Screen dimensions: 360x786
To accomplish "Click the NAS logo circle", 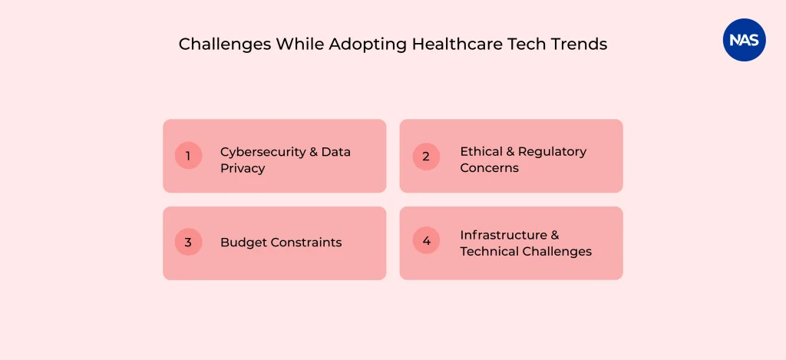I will [x=745, y=40].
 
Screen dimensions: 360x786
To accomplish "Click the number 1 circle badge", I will [x=188, y=156].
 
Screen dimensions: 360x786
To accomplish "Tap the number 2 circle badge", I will [x=426, y=156].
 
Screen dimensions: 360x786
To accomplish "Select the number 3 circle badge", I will [x=188, y=243].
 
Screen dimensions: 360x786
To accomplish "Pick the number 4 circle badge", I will [x=426, y=240].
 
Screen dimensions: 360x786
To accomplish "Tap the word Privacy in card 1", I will [x=243, y=168].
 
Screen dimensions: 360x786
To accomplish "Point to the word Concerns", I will [x=490, y=167].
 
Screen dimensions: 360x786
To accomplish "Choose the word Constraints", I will [x=305, y=243].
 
